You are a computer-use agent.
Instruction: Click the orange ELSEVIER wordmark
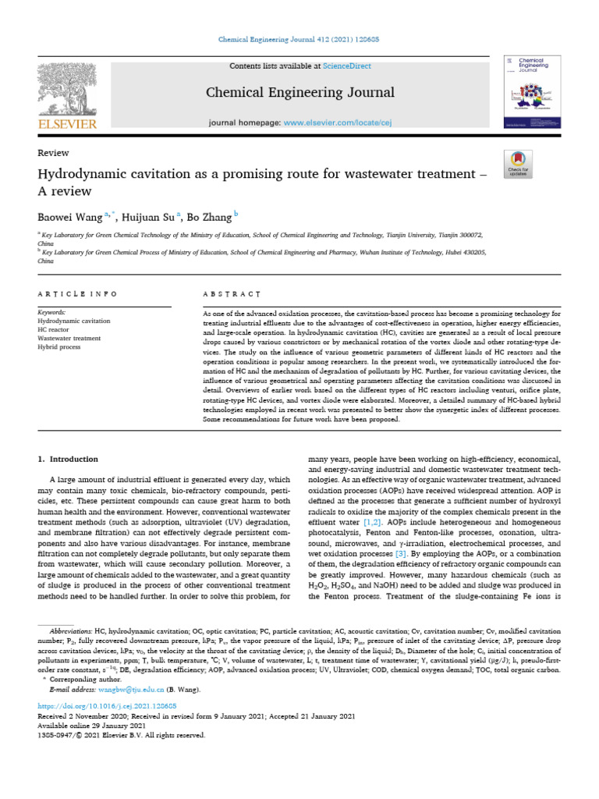pos(69,124)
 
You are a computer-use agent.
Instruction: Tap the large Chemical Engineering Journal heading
pos(299,93)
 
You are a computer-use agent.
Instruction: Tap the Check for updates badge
pos(518,162)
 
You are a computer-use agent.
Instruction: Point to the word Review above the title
pos(53,153)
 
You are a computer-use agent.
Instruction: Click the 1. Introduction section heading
pos(68,459)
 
